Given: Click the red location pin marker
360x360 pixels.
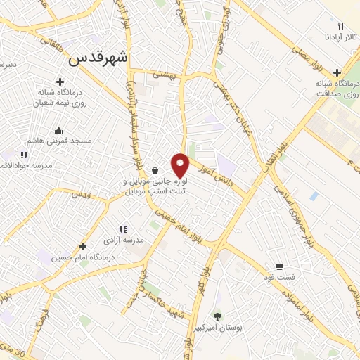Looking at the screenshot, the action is tap(181, 165).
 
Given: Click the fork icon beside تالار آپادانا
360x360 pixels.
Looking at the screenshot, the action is tap(340, 25).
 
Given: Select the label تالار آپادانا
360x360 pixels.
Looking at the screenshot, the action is tap(340, 36).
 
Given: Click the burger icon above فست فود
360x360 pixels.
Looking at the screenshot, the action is tap(280, 266).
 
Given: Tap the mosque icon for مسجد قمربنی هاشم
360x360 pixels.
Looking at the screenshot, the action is tap(58, 130).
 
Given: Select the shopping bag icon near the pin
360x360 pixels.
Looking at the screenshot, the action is tap(155, 170).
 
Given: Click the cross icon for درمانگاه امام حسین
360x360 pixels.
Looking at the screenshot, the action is tap(83, 246).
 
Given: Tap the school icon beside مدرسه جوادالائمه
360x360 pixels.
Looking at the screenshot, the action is tap(23, 155).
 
